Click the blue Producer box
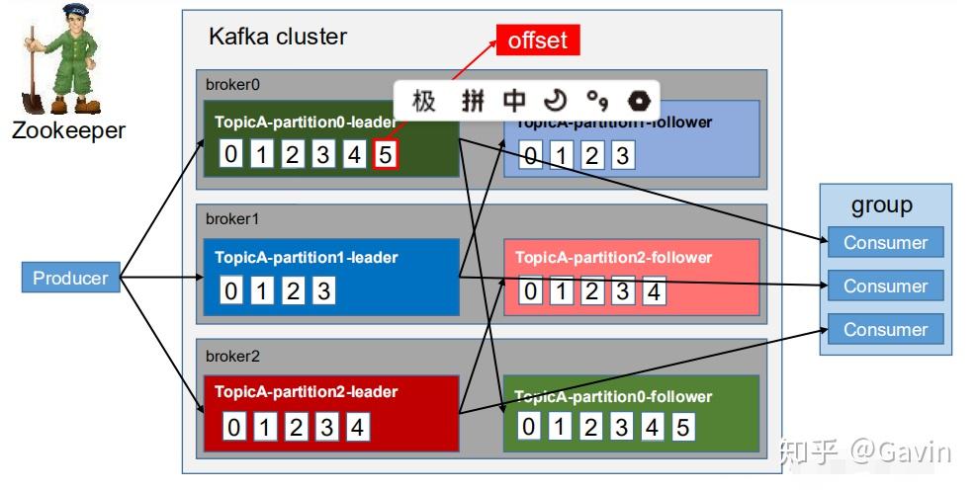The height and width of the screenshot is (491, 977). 70,278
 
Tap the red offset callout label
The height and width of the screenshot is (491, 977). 537,40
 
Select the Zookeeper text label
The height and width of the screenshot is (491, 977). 68,129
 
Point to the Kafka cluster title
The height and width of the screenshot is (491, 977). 278,37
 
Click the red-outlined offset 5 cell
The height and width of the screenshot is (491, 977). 386,155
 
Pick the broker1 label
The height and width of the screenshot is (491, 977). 232,218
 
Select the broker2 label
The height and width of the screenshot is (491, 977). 232,355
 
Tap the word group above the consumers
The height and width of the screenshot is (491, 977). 881,205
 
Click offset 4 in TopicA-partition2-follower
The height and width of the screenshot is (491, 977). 653,291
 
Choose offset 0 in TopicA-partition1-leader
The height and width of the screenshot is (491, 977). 230,291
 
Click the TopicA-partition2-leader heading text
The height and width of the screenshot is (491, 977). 307,391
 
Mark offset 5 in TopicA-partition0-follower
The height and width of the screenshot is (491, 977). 682,427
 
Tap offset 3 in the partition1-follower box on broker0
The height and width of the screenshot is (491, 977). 621,155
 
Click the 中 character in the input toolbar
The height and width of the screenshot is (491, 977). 514,100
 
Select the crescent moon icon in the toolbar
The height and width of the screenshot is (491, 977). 556,100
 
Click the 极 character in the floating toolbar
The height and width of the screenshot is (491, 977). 423,100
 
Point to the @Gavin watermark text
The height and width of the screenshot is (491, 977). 901,451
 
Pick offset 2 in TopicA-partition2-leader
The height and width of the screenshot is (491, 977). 295,427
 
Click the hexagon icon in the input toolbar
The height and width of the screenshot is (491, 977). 639,100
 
